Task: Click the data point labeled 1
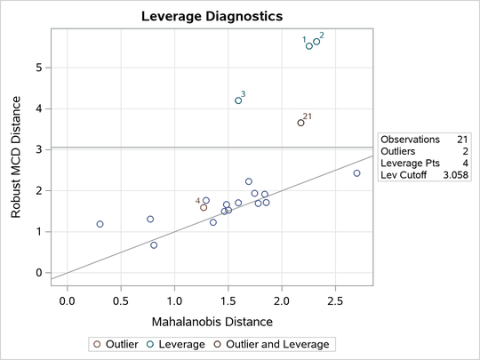309,45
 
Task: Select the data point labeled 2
316,41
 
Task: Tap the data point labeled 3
238,100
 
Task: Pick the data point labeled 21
301,123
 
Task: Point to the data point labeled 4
204,207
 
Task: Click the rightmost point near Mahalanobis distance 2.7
357,173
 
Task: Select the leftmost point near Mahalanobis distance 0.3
100,224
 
